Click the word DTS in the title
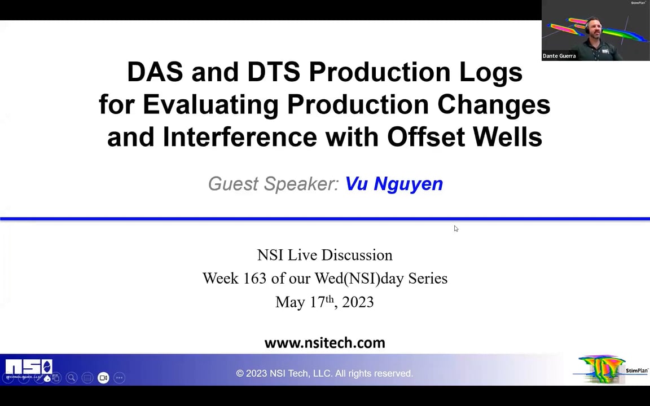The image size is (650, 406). tap(274, 72)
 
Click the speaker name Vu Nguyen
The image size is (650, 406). tap(394, 184)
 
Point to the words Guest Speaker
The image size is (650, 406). tap(273, 184)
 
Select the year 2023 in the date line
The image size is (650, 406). tap(358, 302)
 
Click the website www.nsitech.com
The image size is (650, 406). tap(324, 343)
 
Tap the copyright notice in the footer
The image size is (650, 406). tap(324, 373)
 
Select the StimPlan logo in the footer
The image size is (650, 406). tap(611, 370)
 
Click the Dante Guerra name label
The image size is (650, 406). tap(559, 56)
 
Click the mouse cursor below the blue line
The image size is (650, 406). tap(455, 228)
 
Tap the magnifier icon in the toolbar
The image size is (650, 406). tap(72, 378)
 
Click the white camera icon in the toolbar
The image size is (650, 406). tap(103, 378)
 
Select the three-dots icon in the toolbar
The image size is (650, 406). tap(119, 378)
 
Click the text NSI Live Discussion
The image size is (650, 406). tap(324, 255)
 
